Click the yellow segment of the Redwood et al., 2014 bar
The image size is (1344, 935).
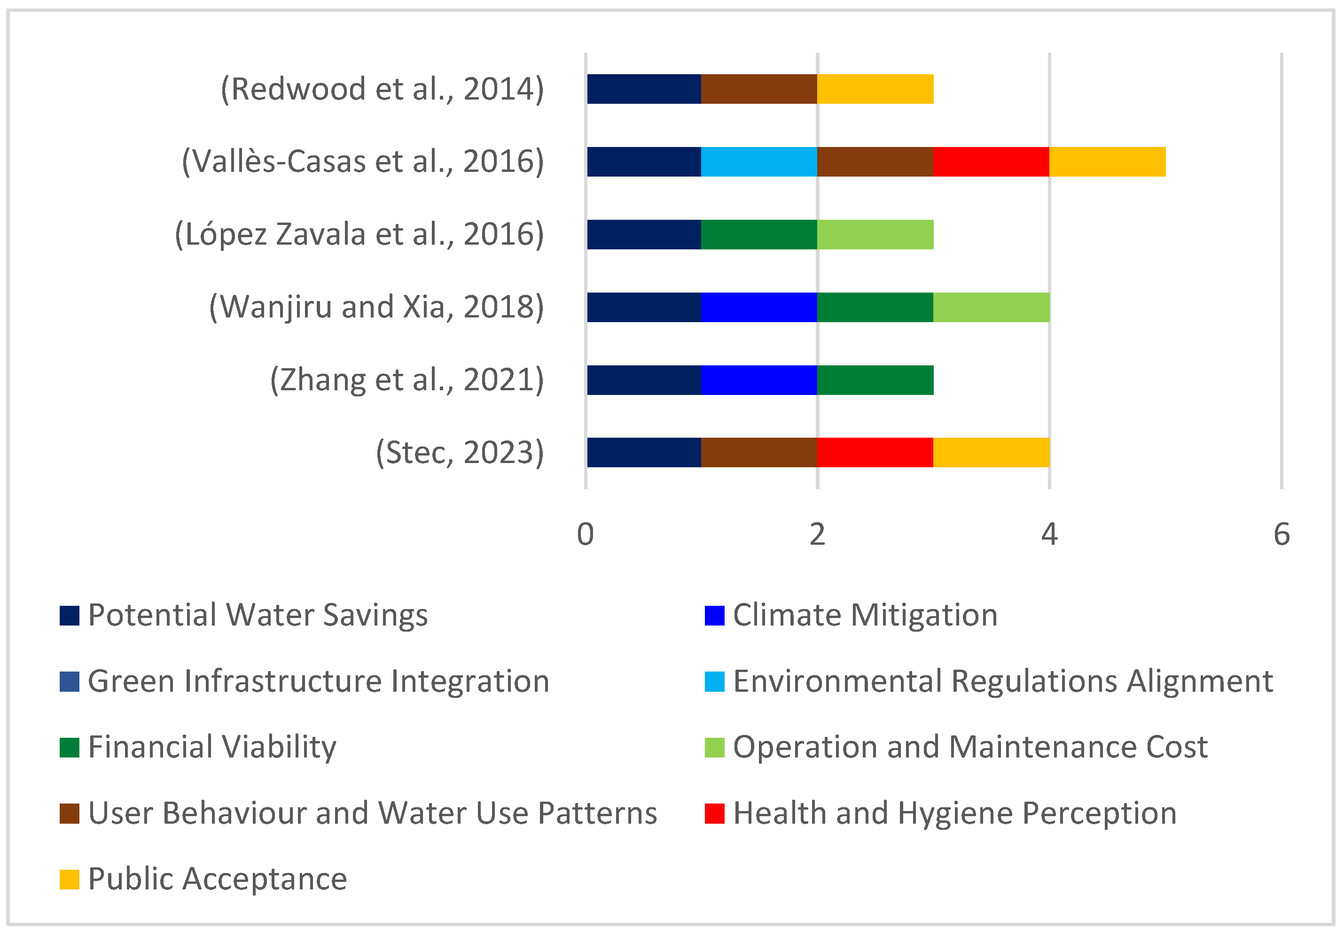[x=875, y=89]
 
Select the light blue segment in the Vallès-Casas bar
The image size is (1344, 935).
[x=759, y=162]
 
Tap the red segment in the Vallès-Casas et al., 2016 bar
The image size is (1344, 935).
[x=991, y=162]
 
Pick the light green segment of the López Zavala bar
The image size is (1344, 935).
[x=875, y=235]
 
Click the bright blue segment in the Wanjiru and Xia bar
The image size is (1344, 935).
[x=759, y=307]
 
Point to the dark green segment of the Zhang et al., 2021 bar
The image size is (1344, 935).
[x=875, y=380]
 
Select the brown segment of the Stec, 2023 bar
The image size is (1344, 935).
[x=759, y=452]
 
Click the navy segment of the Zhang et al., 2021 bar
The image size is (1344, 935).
[x=644, y=380]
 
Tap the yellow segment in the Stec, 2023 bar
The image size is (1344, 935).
[x=991, y=452]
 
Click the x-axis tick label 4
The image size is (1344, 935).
[x=1049, y=534]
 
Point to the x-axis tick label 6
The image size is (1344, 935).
[x=1281, y=534]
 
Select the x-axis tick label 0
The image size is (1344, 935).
[x=586, y=534]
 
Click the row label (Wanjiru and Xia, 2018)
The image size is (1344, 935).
[x=376, y=307]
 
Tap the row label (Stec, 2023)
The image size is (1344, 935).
[x=460, y=453]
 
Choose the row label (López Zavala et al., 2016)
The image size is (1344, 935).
[x=359, y=235]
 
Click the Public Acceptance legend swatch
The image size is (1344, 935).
[x=69, y=880]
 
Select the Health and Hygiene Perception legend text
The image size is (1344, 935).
[x=955, y=813]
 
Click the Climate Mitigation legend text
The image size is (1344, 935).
[x=865, y=616]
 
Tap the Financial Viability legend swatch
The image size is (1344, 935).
[x=69, y=748]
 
